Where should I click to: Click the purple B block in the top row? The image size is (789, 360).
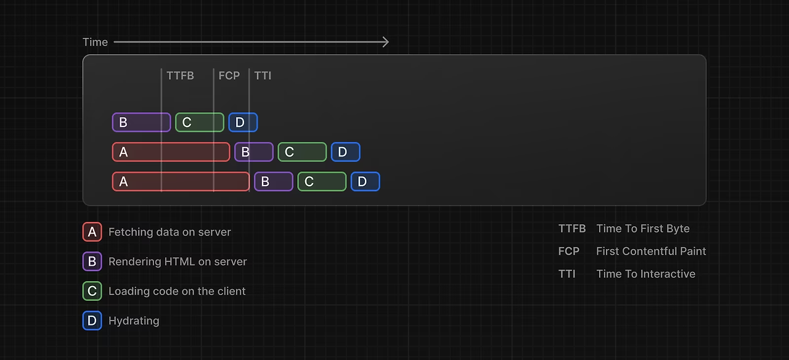(141, 122)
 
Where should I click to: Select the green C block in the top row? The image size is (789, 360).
(199, 122)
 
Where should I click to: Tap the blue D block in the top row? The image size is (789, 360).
(243, 122)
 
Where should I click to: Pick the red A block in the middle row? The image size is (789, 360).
(171, 152)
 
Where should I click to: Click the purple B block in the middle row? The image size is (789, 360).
(253, 152)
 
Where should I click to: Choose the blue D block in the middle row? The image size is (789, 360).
(345, 152)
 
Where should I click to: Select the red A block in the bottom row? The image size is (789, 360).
(181, 181)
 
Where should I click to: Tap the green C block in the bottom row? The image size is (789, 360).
(322, 181)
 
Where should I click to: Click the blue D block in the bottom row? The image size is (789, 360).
(365, 181)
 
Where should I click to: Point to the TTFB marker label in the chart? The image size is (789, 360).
(180, 76)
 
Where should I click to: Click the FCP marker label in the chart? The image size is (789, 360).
(229, 76)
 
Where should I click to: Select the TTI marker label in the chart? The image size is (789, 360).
(263, 76)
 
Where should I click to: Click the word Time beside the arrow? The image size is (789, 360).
(95, 42)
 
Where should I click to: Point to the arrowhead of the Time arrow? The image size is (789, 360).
(386, 42)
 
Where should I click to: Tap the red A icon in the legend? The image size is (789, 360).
(92, 232)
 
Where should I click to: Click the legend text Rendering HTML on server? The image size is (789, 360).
(178, 261)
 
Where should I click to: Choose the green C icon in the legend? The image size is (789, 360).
(92, 291)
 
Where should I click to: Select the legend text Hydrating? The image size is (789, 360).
(134, 321)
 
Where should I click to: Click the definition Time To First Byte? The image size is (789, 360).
(643, 229)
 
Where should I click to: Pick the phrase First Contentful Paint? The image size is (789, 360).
(651, 251)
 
